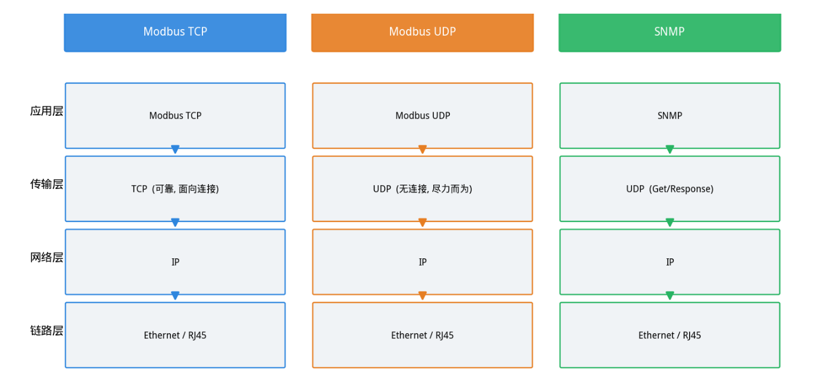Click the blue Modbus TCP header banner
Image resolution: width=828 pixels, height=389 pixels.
point(175,33)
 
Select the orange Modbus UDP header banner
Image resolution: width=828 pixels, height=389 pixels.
point(423,33)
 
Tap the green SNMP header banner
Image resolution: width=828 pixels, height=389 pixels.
point(670,33)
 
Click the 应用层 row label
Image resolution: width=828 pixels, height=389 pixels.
point(46,111)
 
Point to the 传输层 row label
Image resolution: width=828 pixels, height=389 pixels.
point(46,184)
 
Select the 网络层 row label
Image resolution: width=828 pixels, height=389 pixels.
point(46,257)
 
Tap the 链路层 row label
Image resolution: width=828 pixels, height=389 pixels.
point(46,330)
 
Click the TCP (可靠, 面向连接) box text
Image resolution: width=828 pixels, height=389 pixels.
point(175,189)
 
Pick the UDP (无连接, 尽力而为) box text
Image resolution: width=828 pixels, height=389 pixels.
point(423,189)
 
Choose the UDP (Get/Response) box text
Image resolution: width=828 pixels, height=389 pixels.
point(670,189)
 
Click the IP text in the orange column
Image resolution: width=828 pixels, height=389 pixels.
point(423,262)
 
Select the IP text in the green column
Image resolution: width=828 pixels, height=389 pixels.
point(670,262)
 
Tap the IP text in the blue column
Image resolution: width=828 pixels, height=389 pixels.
point(175,262)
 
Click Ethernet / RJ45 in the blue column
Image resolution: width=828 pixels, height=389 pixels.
point(175,336)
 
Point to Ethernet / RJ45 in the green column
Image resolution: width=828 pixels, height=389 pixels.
point(670,336)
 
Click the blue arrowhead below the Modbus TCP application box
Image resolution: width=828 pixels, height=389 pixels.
point(175,149)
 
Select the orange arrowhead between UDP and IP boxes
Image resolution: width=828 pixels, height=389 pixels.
point(423,222)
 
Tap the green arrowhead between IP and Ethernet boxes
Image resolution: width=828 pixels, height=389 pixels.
point(670,295)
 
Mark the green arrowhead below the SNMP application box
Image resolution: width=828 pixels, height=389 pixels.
point(670,149)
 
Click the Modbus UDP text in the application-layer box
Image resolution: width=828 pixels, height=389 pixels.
point(423,116)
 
